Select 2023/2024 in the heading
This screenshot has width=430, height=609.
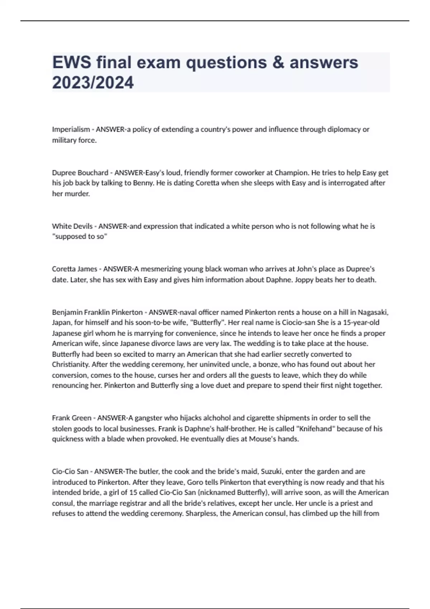click(93, 83)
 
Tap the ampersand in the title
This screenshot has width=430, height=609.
click(278, 63)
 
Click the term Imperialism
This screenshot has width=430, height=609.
click(71, 129)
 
